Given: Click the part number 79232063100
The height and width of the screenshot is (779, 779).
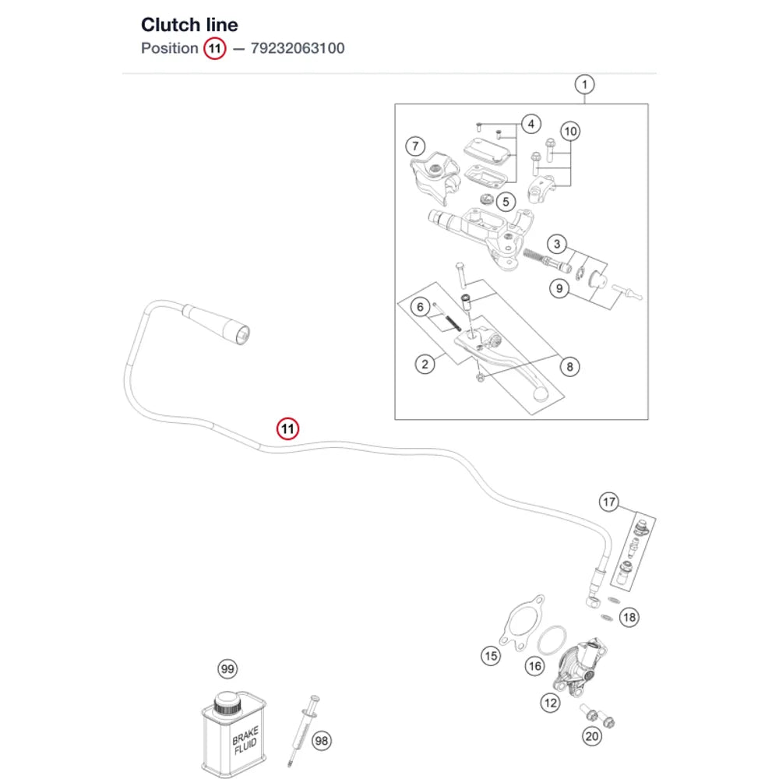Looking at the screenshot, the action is pyautogui.click(x=297, y=48).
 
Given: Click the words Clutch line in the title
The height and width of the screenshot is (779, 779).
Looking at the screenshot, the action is pyautogui.click(x=189, y=24).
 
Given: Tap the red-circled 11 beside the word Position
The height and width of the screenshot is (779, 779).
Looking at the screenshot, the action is pyautogui.click(x=215, y=48).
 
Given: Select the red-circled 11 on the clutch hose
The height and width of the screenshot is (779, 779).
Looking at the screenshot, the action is pyautogui.click(x=287, y=428).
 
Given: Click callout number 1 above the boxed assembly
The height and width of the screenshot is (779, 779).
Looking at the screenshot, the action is pyautogui.click(x=584, y=84).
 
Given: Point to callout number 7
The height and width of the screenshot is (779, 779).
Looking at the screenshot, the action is pyautogui.click(x=415, y=146).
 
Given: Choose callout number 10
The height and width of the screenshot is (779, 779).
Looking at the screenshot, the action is pyautogui.click(x=570, y=132).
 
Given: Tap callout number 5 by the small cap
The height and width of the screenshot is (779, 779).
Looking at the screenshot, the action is pyautogui.click(x=506, y=202).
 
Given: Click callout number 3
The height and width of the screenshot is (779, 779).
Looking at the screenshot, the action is pyautogui.click(x=557, y=244).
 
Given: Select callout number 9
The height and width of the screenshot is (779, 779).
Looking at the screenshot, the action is pyautogui.click(x=559, y=289).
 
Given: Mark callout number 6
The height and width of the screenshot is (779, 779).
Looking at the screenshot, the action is pyautogui.click(x=421, y=307).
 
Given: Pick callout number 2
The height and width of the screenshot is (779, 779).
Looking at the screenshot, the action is pyautogui.click(x=425, y=364).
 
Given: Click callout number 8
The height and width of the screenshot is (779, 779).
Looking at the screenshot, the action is pyautogui.click(x=570, y=367).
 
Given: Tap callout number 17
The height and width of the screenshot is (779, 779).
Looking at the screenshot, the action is pyautogui.click(x=609, y=502).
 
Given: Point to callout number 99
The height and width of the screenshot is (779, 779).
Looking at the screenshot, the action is pyautogui.click(x=227, y=668).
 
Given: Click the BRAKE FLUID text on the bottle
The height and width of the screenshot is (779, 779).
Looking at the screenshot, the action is pyautogui.click(x=245, y=740).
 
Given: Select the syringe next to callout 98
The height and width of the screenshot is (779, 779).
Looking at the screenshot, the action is pyautogui.click(x=303, y=730).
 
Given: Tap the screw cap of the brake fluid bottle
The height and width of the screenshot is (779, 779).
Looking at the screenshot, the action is pyautogui.click(x=227, y=703).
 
